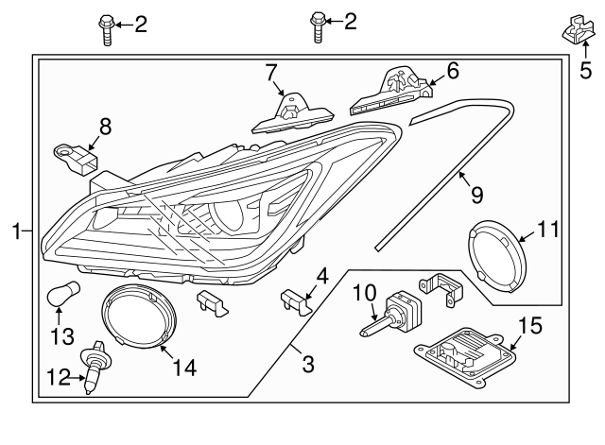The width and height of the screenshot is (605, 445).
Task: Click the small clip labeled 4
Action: [297, 302]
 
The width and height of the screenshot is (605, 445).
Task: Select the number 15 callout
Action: [530, 327]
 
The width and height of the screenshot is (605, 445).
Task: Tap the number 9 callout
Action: [476, 195]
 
